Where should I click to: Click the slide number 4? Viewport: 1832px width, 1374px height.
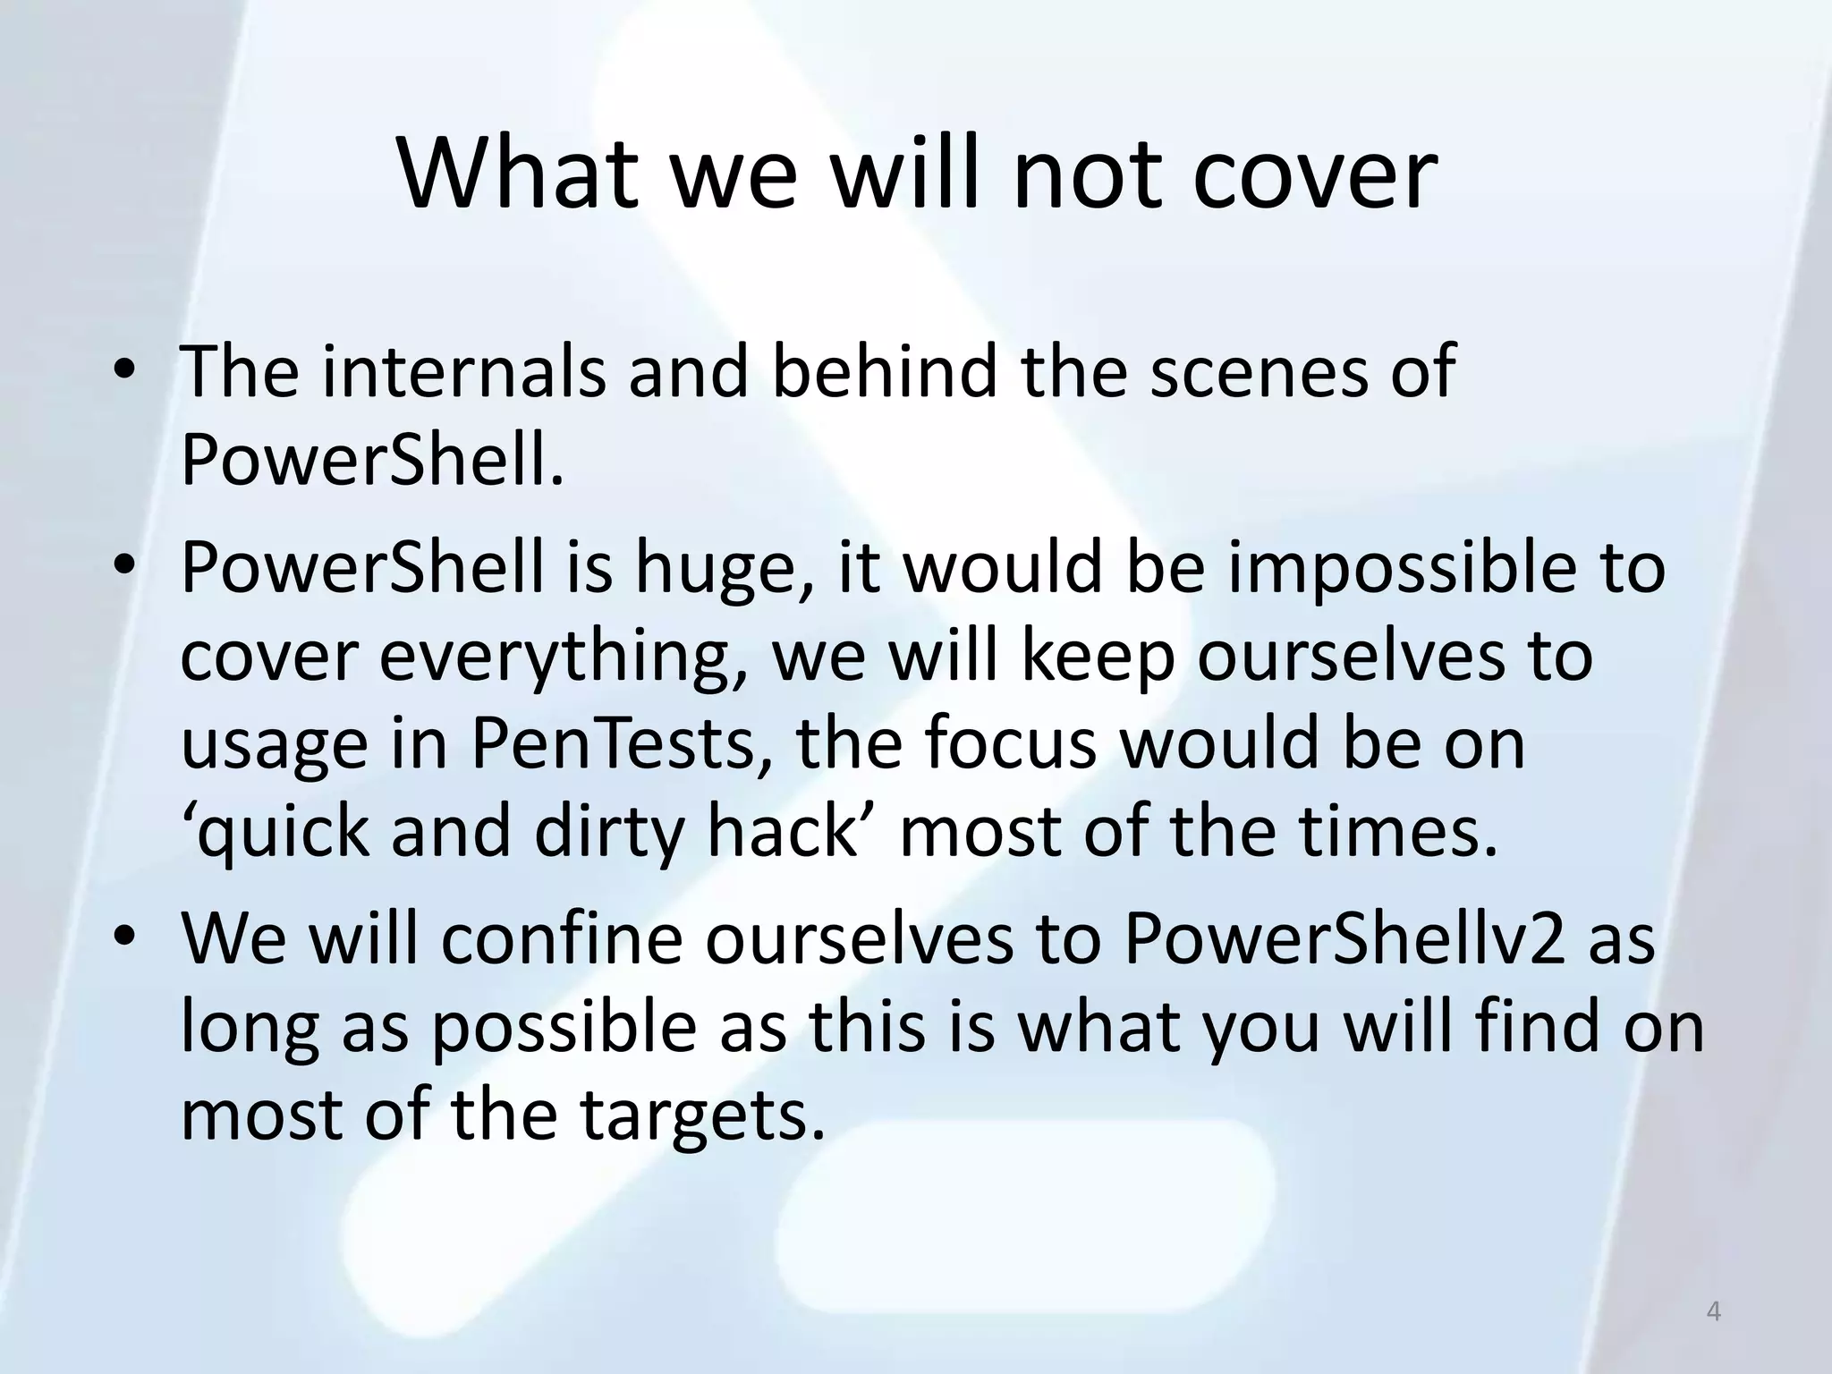point(1713,1312)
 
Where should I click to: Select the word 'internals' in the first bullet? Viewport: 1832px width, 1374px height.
point(462,371)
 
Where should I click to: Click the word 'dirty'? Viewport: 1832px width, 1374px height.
point(608,833)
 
